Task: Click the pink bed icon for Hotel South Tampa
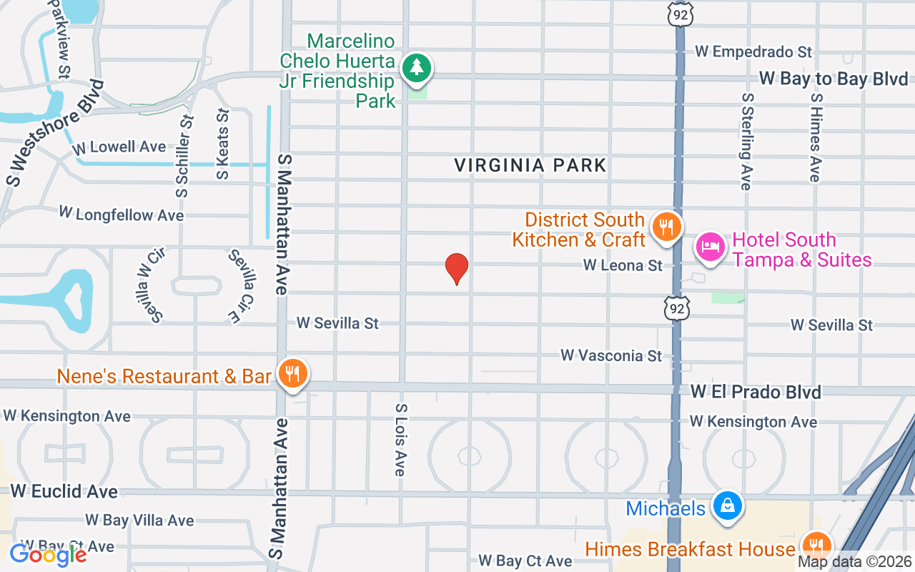tap(710, 248)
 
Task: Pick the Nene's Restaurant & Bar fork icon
tap(292, 374)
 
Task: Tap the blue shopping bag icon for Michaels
tap(727, 507)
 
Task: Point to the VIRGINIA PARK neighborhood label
tap(530, 166)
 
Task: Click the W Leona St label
tap(623, 265)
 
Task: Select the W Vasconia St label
tap(611, 355)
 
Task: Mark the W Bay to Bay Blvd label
tap(834, 79)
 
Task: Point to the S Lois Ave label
tap(400, 439)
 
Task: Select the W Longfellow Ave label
tap(122, 214)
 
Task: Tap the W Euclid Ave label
tap(64, 491)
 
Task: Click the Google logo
tap(48, 554)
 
